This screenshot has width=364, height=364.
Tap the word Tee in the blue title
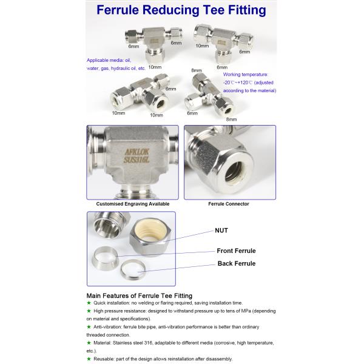pyautogui.click(x=214, y=10)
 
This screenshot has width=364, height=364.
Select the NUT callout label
pyautogui.click(x=221, y=231)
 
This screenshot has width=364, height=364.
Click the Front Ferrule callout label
pyautogui.click(x=236, y=251)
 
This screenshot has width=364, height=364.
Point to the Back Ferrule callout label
pyautogui.click(x=237, y=263)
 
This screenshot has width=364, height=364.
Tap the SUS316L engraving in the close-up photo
pyautogui.click(x=136, y=160)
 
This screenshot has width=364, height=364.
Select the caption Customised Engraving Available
pyautogui.click(x=133, y=204)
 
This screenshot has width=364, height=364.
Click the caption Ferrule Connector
pyautogui.click(x=229, y=204)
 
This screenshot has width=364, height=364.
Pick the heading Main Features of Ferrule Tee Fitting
pyautogui.click(x=140, y=296)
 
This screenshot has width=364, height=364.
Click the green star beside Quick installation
pyautogui.click(x=89, y=303)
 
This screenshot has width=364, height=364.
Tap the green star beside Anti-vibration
pyautogui.click(x=89, y=327)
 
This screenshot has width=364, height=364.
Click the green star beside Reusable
pyautogui.click(x=89, y=359)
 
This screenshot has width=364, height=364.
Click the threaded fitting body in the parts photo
pyautogui.click(x=109, y=225)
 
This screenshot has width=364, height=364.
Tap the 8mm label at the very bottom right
pyautogui.click(x=232, y=120)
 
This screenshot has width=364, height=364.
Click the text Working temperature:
pyautogui.click(x=246, y=75)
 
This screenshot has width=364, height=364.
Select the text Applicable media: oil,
pyautogui.click(x=109, y=60)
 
